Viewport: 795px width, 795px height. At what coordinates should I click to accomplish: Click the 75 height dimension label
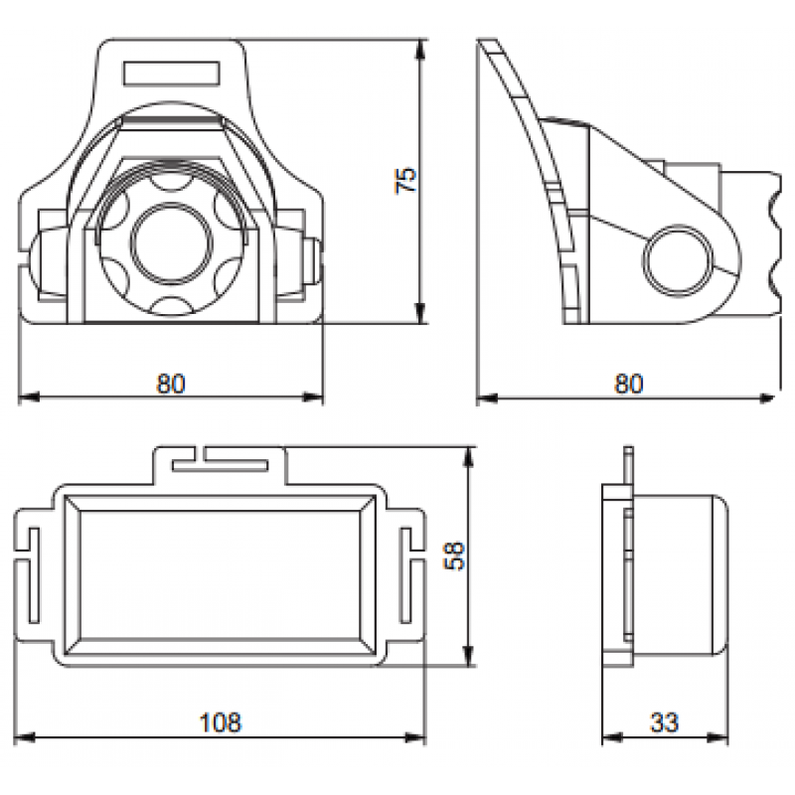[405, 180]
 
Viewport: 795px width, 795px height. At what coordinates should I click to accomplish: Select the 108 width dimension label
[221, 722]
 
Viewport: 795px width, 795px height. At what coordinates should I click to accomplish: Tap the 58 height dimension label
[454, 556]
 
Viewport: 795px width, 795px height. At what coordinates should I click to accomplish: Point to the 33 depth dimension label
[664, 722]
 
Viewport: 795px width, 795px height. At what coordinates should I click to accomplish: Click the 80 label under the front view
[171, 384]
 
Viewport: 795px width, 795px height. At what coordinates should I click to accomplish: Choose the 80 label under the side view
[629, 384]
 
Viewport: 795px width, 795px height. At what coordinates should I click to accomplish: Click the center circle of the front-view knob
[170, 242]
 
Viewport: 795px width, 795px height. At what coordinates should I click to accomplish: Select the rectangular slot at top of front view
[172, 73]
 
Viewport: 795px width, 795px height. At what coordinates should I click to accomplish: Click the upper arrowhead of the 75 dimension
[419, 50]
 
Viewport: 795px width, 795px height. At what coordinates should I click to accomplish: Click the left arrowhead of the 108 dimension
[24, 737]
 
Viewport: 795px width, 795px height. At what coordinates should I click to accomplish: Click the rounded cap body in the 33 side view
[681, 575]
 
